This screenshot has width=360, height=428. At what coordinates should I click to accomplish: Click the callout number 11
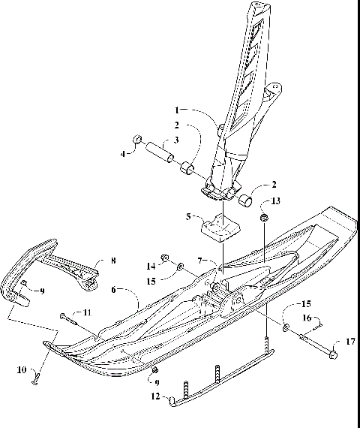tap(86, 312)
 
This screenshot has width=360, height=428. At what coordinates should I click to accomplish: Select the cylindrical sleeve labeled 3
tap(160, 151)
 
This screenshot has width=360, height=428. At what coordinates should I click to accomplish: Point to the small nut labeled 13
tap(264, 217)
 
